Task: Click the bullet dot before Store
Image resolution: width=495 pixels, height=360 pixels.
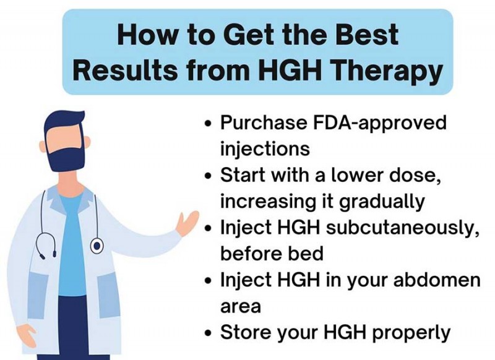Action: click(209, 333)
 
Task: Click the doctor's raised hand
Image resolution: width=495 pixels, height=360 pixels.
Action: click(187, 223)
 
